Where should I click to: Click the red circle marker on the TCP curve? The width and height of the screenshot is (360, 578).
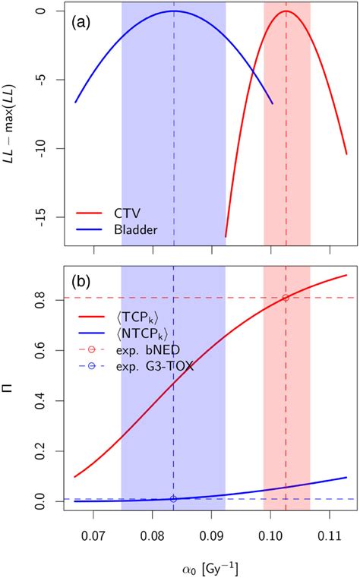[286, 298]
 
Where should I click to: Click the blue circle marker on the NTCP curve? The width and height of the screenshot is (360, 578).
[174, 499]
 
